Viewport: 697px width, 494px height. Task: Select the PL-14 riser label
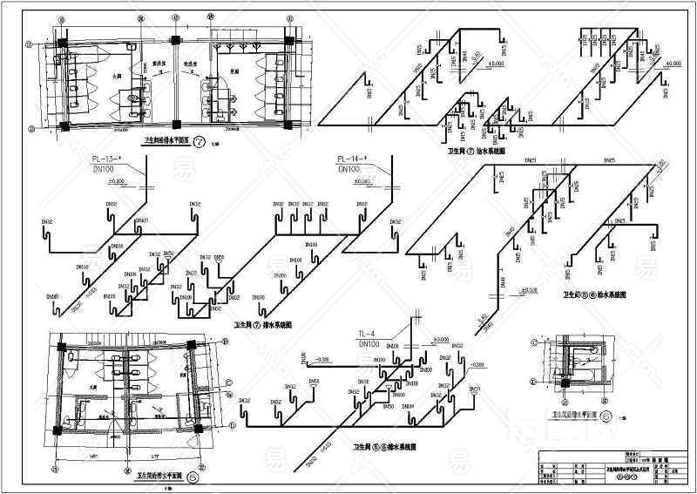click(351, 159)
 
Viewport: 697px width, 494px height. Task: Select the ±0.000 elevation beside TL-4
click(439, 339)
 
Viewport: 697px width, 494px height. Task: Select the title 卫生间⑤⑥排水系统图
click(383, 448)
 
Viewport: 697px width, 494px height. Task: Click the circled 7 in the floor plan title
click(200, 141)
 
